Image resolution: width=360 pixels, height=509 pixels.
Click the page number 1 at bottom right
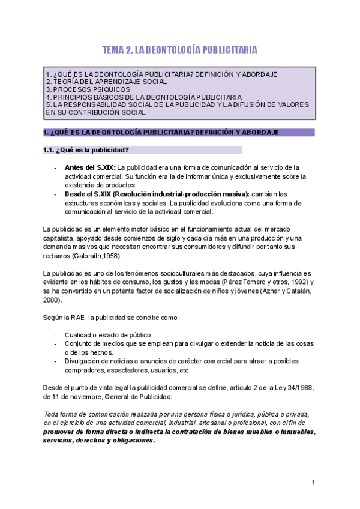(x=313, y=483)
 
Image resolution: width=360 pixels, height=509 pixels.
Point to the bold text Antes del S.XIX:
(x=90, y=167)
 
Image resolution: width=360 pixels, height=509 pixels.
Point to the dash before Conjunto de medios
(x=56, y=343)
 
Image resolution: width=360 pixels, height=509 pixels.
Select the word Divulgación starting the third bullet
(x=83, y=361)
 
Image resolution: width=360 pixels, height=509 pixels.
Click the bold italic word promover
(x=62, y=432)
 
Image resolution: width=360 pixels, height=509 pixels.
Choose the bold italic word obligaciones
(x=130, y=440)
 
